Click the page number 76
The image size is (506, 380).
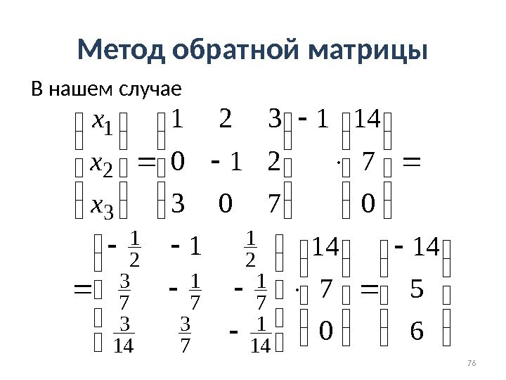click(x=472, y=362)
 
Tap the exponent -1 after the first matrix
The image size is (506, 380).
click(x=313, y=121)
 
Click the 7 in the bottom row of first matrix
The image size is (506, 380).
click(x=274, y=205)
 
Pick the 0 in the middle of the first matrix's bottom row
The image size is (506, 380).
click(x=225, y=205)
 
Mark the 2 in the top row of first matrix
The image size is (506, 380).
click(x=225, y=122)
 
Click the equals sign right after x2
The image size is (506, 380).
click(x=146, y=163)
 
